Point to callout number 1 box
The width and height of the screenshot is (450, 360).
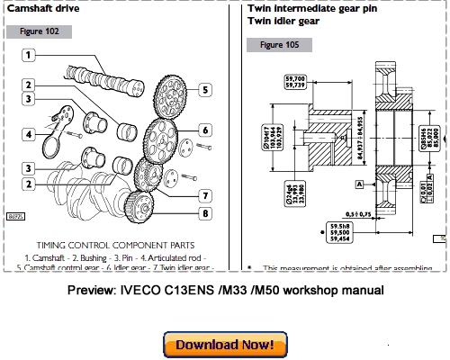pos(29,55)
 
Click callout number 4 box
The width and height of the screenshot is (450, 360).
pos(29,136)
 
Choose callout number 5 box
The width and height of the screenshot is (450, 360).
pos(205,89)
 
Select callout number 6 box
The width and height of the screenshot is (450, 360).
pos(205,130)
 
